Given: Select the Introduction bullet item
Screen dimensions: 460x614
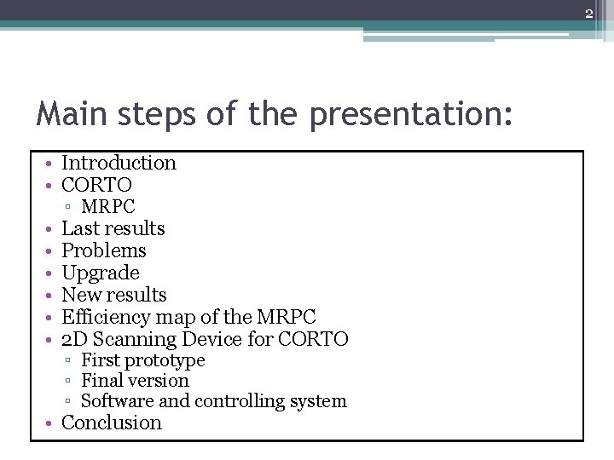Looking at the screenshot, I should click(x=119, y=163).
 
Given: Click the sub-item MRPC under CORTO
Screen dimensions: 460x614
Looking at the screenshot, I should click(x=107, y=206).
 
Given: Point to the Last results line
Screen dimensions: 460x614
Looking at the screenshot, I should click(x=113, y=228).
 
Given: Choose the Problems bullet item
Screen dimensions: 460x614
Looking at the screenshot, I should click(x=104, y=250).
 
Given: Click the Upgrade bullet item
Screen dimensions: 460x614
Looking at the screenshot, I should click(x=101, y=273).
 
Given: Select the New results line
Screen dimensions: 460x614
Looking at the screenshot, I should click(x=114, y=295).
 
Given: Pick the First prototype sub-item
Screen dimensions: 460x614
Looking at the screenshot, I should click(x=142, y=360).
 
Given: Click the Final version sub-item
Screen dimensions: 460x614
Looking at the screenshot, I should click(x=135, y=381).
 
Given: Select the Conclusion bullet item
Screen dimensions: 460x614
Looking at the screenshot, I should click(x=112, y=423).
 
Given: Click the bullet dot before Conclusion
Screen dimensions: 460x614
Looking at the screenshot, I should click(x=53, y=423).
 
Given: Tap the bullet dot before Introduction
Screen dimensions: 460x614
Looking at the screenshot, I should click(x=53, y=164).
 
